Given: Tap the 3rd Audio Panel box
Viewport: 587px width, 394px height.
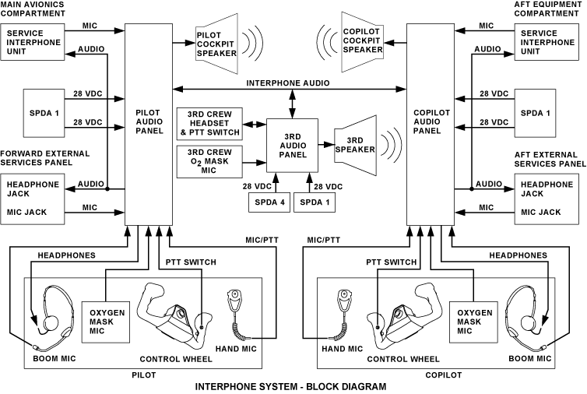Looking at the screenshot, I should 292,146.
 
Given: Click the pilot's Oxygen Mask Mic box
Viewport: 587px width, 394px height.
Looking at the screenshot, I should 104,320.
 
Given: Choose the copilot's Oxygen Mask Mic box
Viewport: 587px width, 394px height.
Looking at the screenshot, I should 475,320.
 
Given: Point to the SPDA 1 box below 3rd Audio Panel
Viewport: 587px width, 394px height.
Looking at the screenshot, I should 315,202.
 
